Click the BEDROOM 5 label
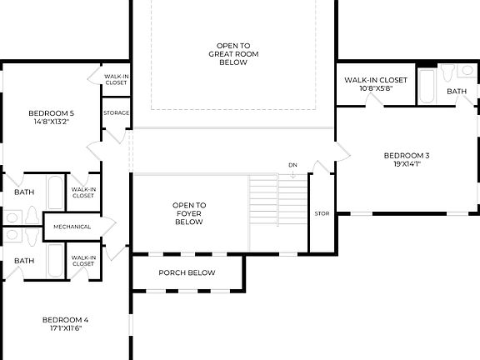pos(51,113)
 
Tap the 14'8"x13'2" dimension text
pos(51,122)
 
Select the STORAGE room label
pos(116,112)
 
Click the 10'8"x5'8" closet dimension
pos(375,88)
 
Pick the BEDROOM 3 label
pos(407,155)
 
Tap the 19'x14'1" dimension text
pos(407,164)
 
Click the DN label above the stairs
pos(292,165)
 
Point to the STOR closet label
pos(322,213)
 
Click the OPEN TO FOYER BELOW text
pos(189,213)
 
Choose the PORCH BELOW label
pos(187,272)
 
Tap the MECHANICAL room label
pos(72,227)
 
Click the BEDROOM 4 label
pos(65,319)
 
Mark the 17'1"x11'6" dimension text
pos(65,328)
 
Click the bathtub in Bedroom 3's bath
pos(426,87)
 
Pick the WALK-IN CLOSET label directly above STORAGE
pos(116,79)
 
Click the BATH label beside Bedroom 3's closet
pos(457,92)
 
